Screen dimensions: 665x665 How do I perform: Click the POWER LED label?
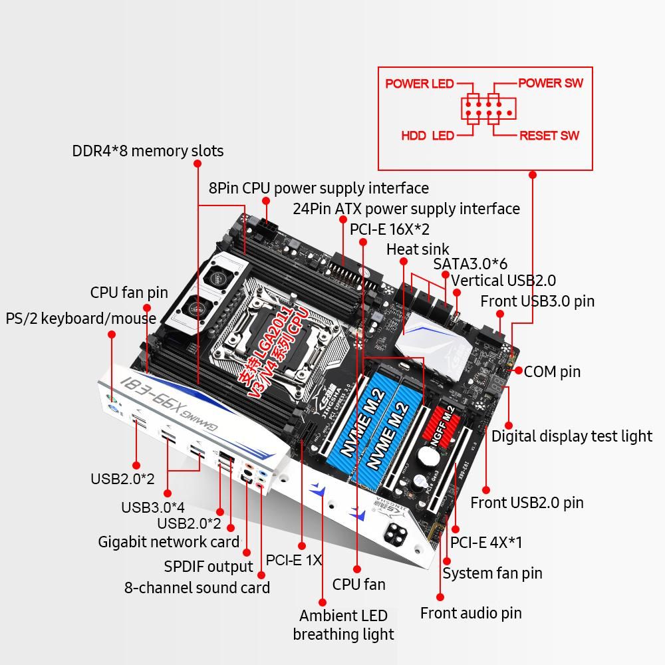coord(419,84)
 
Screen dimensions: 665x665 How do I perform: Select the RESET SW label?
coord(549,136)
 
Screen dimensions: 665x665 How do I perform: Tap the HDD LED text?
coord(427,136)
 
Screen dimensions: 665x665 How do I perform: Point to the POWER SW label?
coord(550,83)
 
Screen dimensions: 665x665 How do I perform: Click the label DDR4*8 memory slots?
coord(148,151)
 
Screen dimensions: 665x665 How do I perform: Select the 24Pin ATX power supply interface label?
coord(406,209)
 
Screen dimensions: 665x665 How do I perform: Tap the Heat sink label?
coord(418,249)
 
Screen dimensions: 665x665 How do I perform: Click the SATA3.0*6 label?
coord(470,263)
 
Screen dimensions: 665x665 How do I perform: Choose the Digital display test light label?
coord(572,436)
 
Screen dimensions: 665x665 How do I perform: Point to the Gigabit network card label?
coord(168,542)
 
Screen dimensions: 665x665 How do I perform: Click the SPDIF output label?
coord(208,567)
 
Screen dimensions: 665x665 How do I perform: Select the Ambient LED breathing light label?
coord(343,625)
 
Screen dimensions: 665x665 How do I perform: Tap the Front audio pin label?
coord(471,613)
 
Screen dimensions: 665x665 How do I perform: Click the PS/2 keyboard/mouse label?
coord(80,318)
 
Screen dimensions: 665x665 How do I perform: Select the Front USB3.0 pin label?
coord(537,301)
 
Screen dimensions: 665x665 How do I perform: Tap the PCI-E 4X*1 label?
coord(486,543)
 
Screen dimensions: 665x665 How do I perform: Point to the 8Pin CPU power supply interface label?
coord(319,188)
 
